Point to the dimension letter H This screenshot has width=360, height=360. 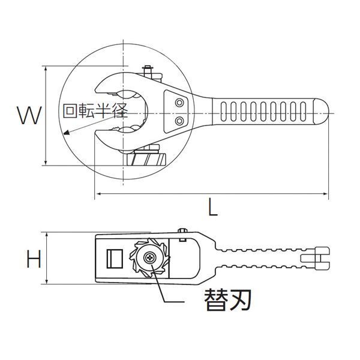pyautogui.click(x=34, y=259)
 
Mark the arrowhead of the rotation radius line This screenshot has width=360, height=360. pyautogui.click(x=63, y=133)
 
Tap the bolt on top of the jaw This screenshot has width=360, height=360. pyautogui.click(x=146, y=73)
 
